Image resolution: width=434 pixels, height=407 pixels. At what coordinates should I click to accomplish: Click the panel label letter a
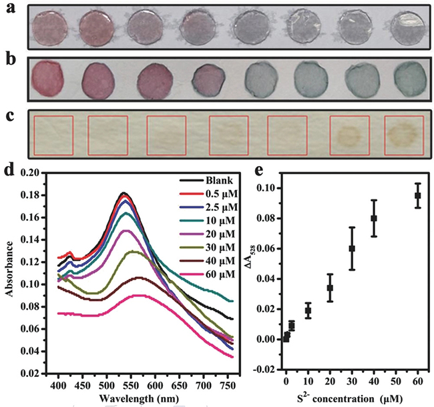click(10, 13)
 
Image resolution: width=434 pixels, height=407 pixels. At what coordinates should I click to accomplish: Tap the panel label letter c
click(10, 115)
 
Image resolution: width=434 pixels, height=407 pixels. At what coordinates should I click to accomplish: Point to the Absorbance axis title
click(9, 274)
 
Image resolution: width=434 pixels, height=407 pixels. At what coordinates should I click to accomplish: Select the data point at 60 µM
click(417, 195)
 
